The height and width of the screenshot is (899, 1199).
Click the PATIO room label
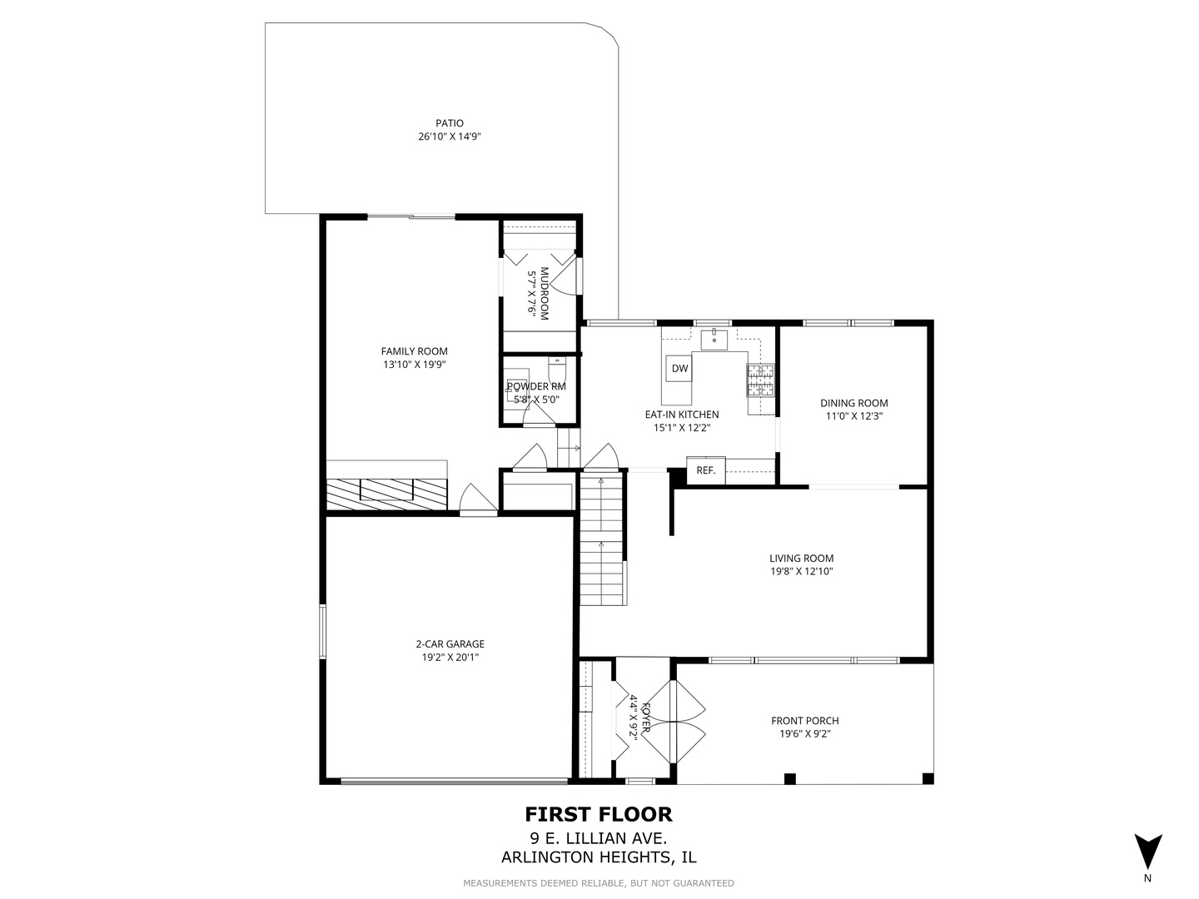point(449,123)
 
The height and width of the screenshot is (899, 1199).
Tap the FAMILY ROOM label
point(414,351)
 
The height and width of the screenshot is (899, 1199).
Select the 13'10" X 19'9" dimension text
point(414,365)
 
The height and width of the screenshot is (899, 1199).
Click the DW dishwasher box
point(679,369)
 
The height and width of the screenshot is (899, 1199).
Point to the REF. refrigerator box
point(705,470)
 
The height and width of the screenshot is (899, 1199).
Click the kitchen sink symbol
point(714,340)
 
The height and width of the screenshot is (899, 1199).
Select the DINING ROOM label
point(853,403)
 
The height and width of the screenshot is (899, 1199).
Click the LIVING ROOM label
point(801,559)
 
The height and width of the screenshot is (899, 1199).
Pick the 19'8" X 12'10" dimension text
point(801,572)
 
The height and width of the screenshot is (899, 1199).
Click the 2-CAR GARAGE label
point(450,643)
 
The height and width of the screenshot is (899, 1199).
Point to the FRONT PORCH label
point(804,721)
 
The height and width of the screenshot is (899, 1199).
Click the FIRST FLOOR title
point(598,813)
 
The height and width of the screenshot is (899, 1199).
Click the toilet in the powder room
point(557,367)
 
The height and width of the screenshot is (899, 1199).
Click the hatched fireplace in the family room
point(386,494)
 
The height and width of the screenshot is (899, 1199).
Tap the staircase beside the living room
point(601,541)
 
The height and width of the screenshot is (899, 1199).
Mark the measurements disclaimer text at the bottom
point(598,883)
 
